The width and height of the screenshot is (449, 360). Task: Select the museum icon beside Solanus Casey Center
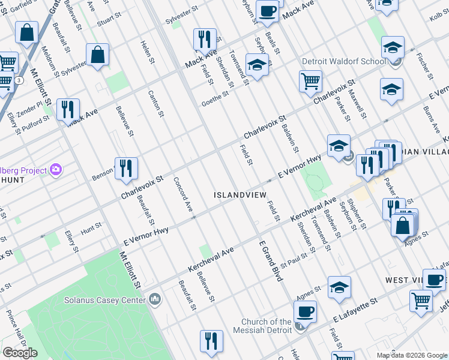155,299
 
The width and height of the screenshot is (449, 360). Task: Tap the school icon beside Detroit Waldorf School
392,47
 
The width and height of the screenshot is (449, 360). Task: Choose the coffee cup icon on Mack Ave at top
268,11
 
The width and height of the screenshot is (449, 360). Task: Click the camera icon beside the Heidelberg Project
56,170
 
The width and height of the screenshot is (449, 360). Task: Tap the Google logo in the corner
20,353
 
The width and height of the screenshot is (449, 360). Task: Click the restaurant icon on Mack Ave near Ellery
67,109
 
